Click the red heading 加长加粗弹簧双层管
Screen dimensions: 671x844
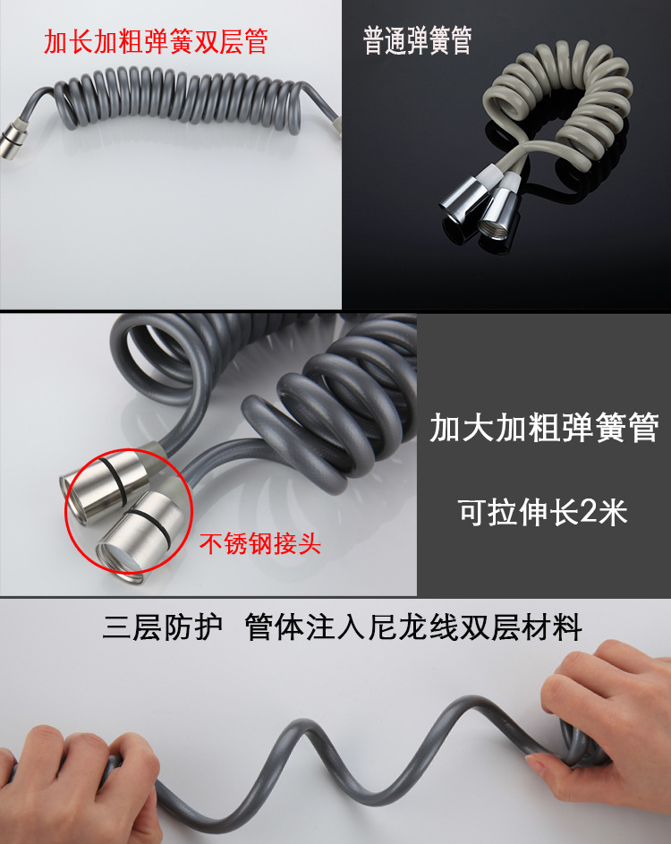tap(156, 42)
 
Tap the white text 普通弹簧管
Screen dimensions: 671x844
tap(417, 40)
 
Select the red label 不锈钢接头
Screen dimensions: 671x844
tap(260, 543)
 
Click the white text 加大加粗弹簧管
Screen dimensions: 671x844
tap(544, 428)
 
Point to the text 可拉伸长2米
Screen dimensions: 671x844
tap(543, 512)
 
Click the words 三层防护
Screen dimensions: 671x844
tap(163, 627)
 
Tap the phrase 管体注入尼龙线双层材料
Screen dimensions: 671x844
tap(413, 627)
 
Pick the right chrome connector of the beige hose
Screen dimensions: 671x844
tap(499, 216)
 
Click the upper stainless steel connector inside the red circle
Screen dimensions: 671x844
tap(106, 479)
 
